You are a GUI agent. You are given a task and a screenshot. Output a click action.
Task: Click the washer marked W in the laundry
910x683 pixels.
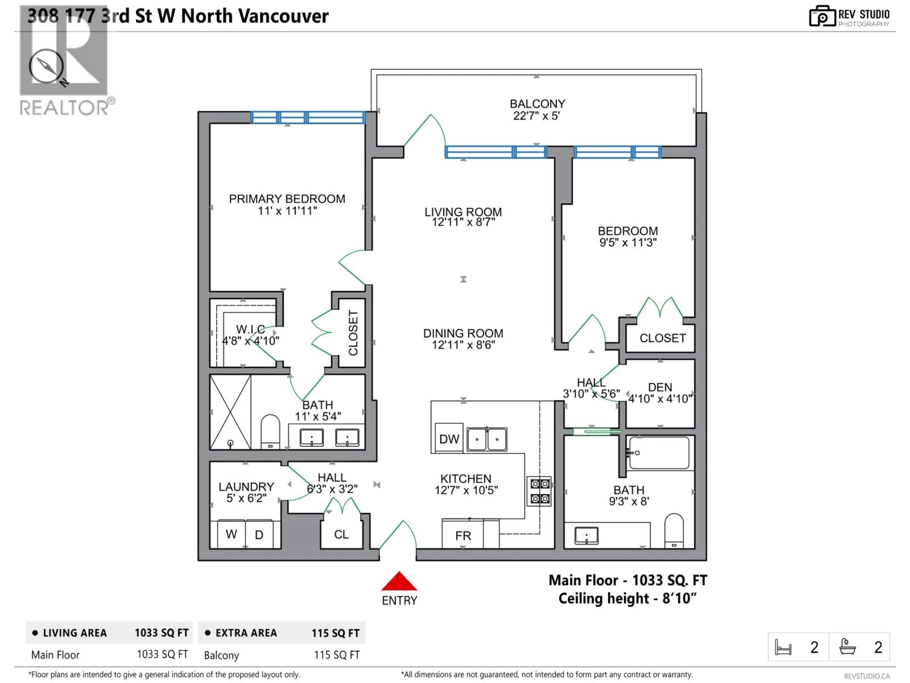(x=231, y=534)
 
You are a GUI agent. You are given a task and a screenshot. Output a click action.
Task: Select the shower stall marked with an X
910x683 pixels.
(x=230, y=412)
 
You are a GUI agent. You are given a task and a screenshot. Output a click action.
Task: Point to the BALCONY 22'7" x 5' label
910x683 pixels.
(x=537, y=110)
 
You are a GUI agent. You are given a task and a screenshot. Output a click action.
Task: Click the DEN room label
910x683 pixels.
(x=660, y=388)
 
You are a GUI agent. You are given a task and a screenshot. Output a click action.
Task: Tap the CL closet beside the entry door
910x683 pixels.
(x=341, y=534)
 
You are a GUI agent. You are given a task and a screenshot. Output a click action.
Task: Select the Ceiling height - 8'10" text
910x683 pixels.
(x=627, y=598)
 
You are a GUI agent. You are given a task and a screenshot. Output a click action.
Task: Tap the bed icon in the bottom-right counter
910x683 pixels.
(x=783, y=647)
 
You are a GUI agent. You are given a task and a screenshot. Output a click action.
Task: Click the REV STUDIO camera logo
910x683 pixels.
(x=822, y=16)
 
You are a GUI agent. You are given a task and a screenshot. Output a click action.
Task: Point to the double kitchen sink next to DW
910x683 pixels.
(x=487, y=439)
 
